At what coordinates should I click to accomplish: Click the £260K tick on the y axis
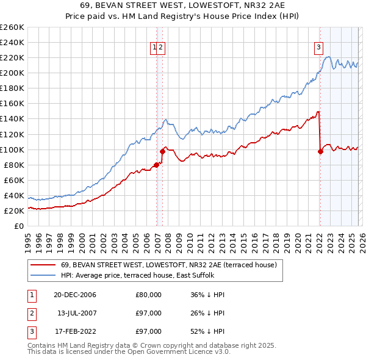[12, 27]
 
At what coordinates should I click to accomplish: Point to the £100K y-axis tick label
[12, 149]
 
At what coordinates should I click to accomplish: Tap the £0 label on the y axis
[18, 226]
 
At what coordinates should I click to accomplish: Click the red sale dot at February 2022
[320, 152]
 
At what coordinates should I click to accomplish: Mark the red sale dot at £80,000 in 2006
[157, 165]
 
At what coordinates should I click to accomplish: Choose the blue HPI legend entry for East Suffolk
[137, 275]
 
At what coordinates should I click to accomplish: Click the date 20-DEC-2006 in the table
[74, 295]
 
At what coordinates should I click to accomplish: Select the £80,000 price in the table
[148, 295]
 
